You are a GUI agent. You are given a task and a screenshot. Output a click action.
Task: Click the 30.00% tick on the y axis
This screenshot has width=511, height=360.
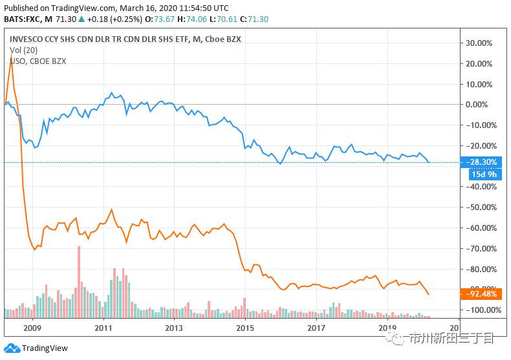pyautogui.click(x=480, y=43)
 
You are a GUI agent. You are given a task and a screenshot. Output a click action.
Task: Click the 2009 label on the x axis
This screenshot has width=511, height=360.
pyautogui.click(x=32, y=328)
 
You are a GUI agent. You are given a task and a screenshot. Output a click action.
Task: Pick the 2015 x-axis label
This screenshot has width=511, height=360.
pyautogui.click(x=245, y=328)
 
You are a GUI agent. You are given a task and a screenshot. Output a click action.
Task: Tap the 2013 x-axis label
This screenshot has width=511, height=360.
pyautogui.click(x=174, y=328)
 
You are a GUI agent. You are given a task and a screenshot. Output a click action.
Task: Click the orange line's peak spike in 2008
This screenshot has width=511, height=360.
pyautogui.click(x=12, y=58)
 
